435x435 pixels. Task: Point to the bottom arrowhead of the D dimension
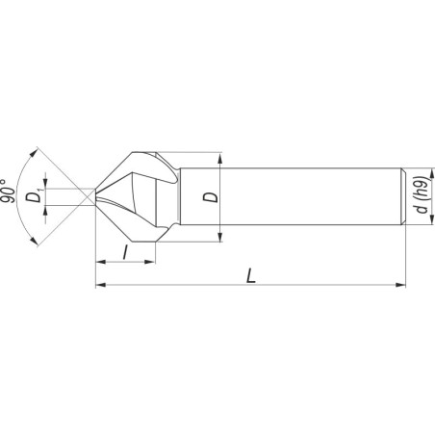coord(223,237)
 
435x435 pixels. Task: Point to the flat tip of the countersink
coord(95,197)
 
